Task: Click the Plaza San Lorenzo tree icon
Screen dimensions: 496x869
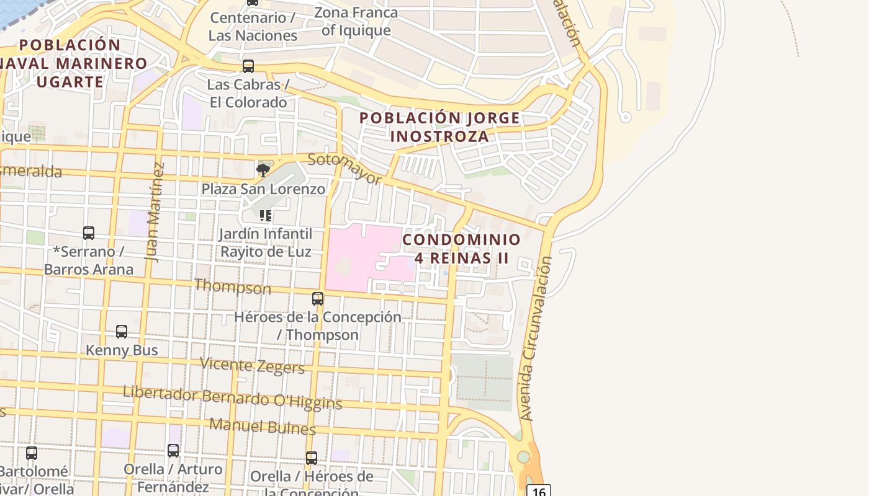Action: [x=263, y=170]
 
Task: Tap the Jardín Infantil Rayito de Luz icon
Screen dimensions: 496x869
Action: [x=266, y=216]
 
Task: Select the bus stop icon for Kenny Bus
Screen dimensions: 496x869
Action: [x=122, y=332]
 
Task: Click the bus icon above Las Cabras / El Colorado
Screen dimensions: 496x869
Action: [x=248, y=66]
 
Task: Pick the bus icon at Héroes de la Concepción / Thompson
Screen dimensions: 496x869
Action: [x=318, y=299]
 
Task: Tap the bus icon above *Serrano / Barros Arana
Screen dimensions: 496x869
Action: [x=89, y=233]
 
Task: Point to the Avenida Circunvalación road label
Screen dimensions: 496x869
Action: [x=537, y=339]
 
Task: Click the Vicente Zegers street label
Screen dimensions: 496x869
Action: [x=252, y=365]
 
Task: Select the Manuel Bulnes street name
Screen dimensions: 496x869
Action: [x=263, y=426]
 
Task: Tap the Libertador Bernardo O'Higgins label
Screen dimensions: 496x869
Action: [x=232, y=397]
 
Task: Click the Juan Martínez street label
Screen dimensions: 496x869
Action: [x=156, y=212]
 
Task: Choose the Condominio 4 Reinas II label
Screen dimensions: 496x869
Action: [x=461, y=248]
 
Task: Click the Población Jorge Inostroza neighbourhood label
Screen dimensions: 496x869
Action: [x=439, y=126]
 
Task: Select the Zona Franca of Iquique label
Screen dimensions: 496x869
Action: [x=356, y=21]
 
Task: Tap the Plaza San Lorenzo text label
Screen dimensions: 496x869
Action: [x=263, y=189]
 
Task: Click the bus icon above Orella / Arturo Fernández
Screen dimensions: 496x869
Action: [x=173, y=451]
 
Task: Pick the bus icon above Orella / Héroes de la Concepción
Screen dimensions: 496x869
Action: [x=312, y=458]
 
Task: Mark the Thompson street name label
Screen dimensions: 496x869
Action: [x=233, y=286]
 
